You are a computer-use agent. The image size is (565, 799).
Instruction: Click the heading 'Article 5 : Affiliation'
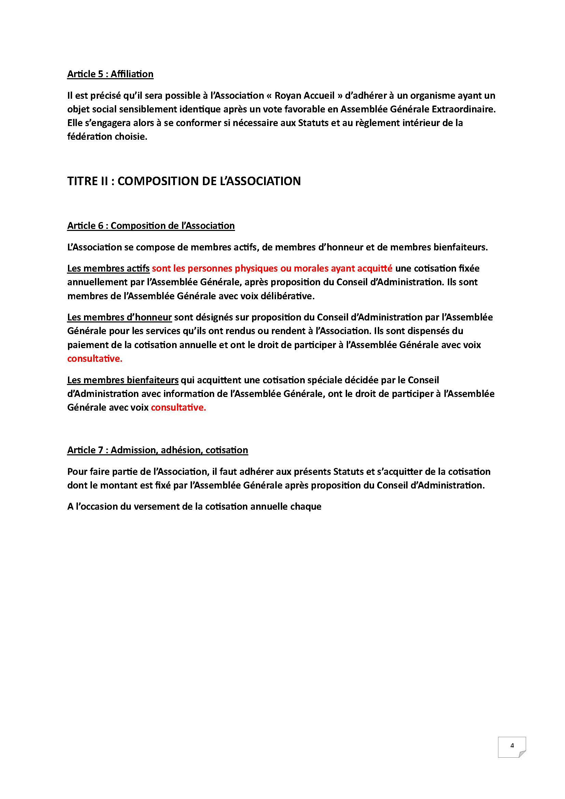[110, 74]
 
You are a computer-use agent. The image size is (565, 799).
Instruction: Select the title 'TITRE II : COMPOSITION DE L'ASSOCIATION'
[184, 181]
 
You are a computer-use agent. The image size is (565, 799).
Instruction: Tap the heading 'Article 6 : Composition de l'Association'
[151, 226]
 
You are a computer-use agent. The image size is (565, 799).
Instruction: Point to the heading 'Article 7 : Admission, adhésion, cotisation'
[157, 450]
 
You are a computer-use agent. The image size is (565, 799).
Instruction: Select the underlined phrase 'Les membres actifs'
[108, 268]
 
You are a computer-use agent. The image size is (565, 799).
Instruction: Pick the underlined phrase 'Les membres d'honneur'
[119, 317]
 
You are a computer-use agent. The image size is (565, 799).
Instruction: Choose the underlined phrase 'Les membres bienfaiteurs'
[123, 380]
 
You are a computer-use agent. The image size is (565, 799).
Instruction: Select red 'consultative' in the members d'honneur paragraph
[95, 359]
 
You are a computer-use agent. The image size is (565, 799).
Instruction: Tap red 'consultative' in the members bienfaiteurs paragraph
[178, 408]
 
